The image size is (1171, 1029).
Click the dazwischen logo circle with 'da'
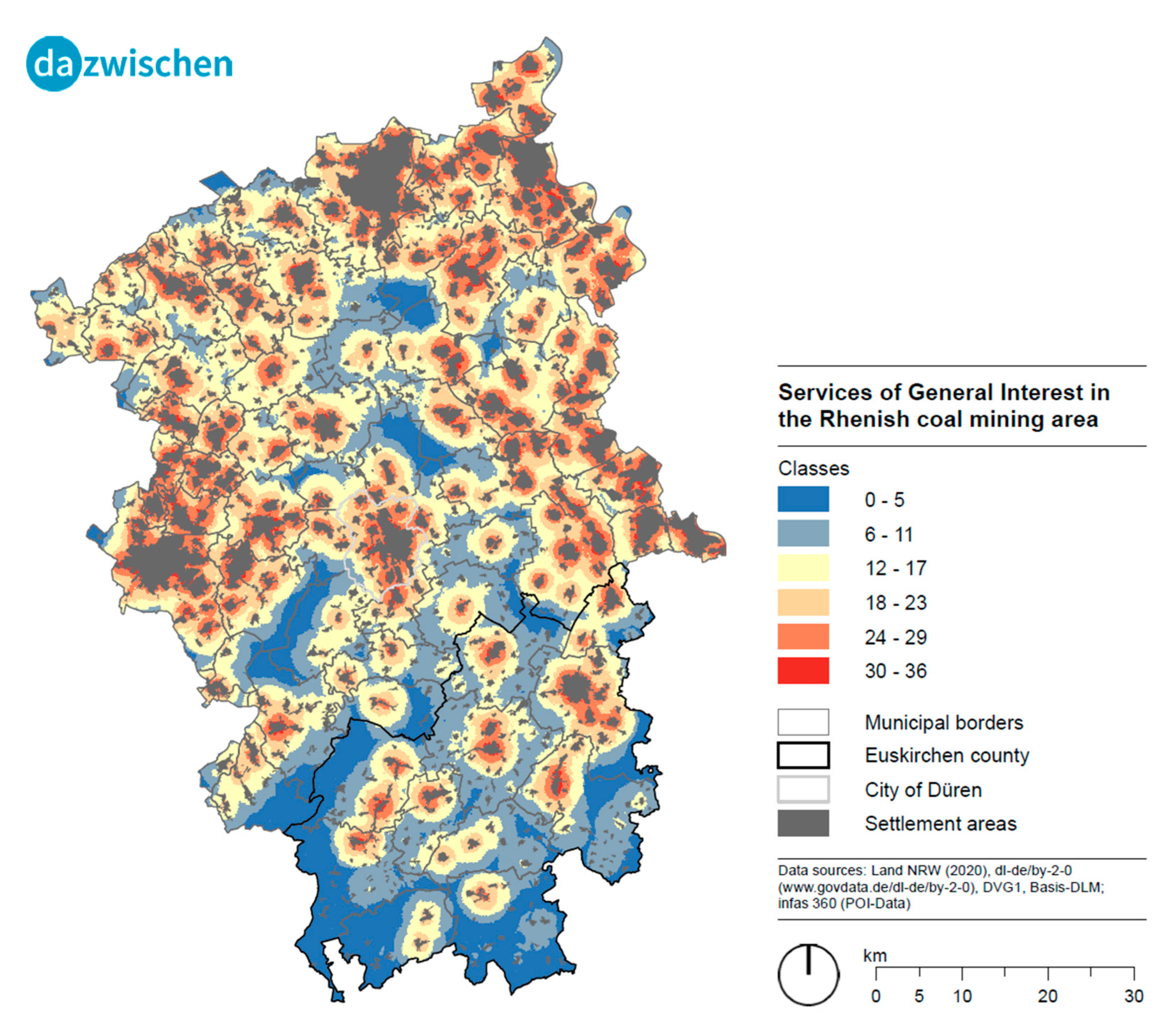[x=53, y=64]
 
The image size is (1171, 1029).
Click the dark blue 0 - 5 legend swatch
[x=803, y=499]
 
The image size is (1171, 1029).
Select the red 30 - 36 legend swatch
[x=803, y=670]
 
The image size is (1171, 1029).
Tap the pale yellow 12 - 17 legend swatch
[x=803, y=567]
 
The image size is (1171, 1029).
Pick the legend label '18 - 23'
[x=895, y=602]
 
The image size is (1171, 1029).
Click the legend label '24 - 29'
[x=895, y=637]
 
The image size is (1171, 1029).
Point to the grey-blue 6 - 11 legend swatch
[x=803, y=533]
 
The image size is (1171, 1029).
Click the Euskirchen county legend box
[x=803, y=755]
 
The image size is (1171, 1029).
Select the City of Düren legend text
[x=923, y=790]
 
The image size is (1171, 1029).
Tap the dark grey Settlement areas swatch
[x=803, y=823]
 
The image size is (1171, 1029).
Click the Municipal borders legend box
[x=803, y=722]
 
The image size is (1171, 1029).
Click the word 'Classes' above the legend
[x=813, y=468]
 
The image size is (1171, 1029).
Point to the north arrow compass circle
[x=808, y=974]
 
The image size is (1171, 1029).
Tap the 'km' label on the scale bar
[x=875, y=956]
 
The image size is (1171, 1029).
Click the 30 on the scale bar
[x=1134, y=996]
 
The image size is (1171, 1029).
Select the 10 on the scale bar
[x=962, y=996]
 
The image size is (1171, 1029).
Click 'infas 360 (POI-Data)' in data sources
[x=843, y=903]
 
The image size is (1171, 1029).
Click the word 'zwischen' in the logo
[x=158, y=64]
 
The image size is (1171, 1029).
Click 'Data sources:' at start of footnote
[x=821, y=870]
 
